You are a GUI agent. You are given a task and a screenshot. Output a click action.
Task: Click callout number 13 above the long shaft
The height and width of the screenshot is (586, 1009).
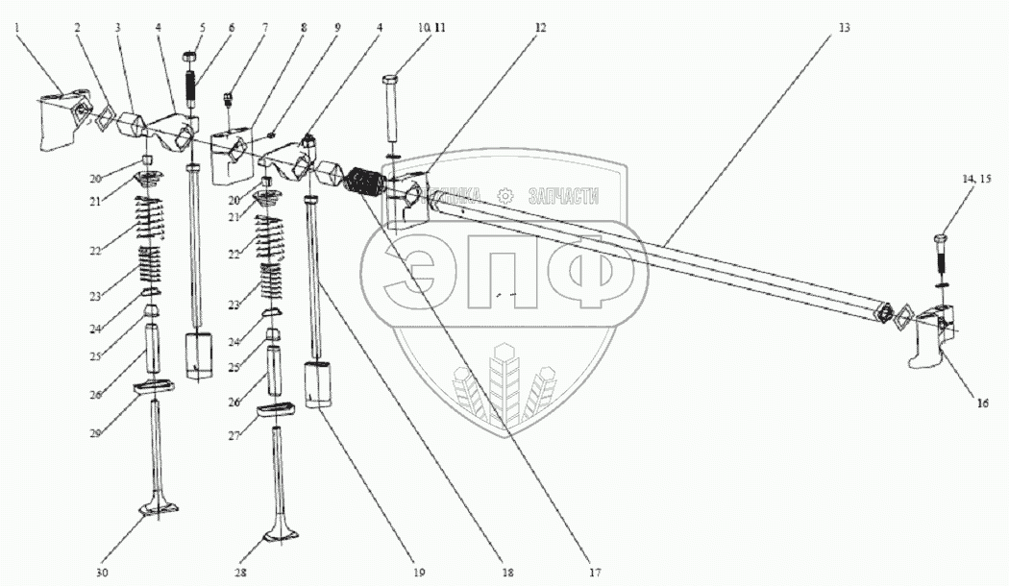[843, 29]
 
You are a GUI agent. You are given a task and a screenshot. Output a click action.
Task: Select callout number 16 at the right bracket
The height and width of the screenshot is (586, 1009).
[981, 403]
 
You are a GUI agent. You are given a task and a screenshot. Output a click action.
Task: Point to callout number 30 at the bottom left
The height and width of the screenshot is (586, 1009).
[102, 574]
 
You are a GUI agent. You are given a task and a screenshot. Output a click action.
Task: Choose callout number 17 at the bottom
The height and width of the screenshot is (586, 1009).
[595, 574]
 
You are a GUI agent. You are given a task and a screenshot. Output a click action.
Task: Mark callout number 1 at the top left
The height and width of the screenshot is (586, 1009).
[16, 29]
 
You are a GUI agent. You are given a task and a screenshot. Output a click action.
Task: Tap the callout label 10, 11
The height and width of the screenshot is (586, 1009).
[419, 29]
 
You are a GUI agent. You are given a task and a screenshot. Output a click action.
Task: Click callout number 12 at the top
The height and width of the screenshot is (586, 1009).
[541, 29]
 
